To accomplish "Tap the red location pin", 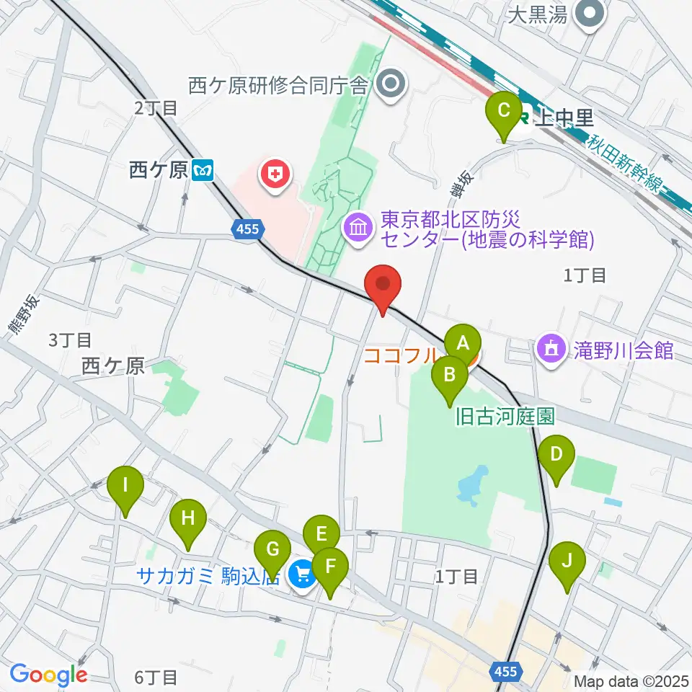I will click(x=383, y=286).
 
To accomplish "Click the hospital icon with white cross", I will click(x=275, y=173).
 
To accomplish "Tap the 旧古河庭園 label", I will click(x=505, y=416).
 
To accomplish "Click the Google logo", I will click(x=48, y=675).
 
